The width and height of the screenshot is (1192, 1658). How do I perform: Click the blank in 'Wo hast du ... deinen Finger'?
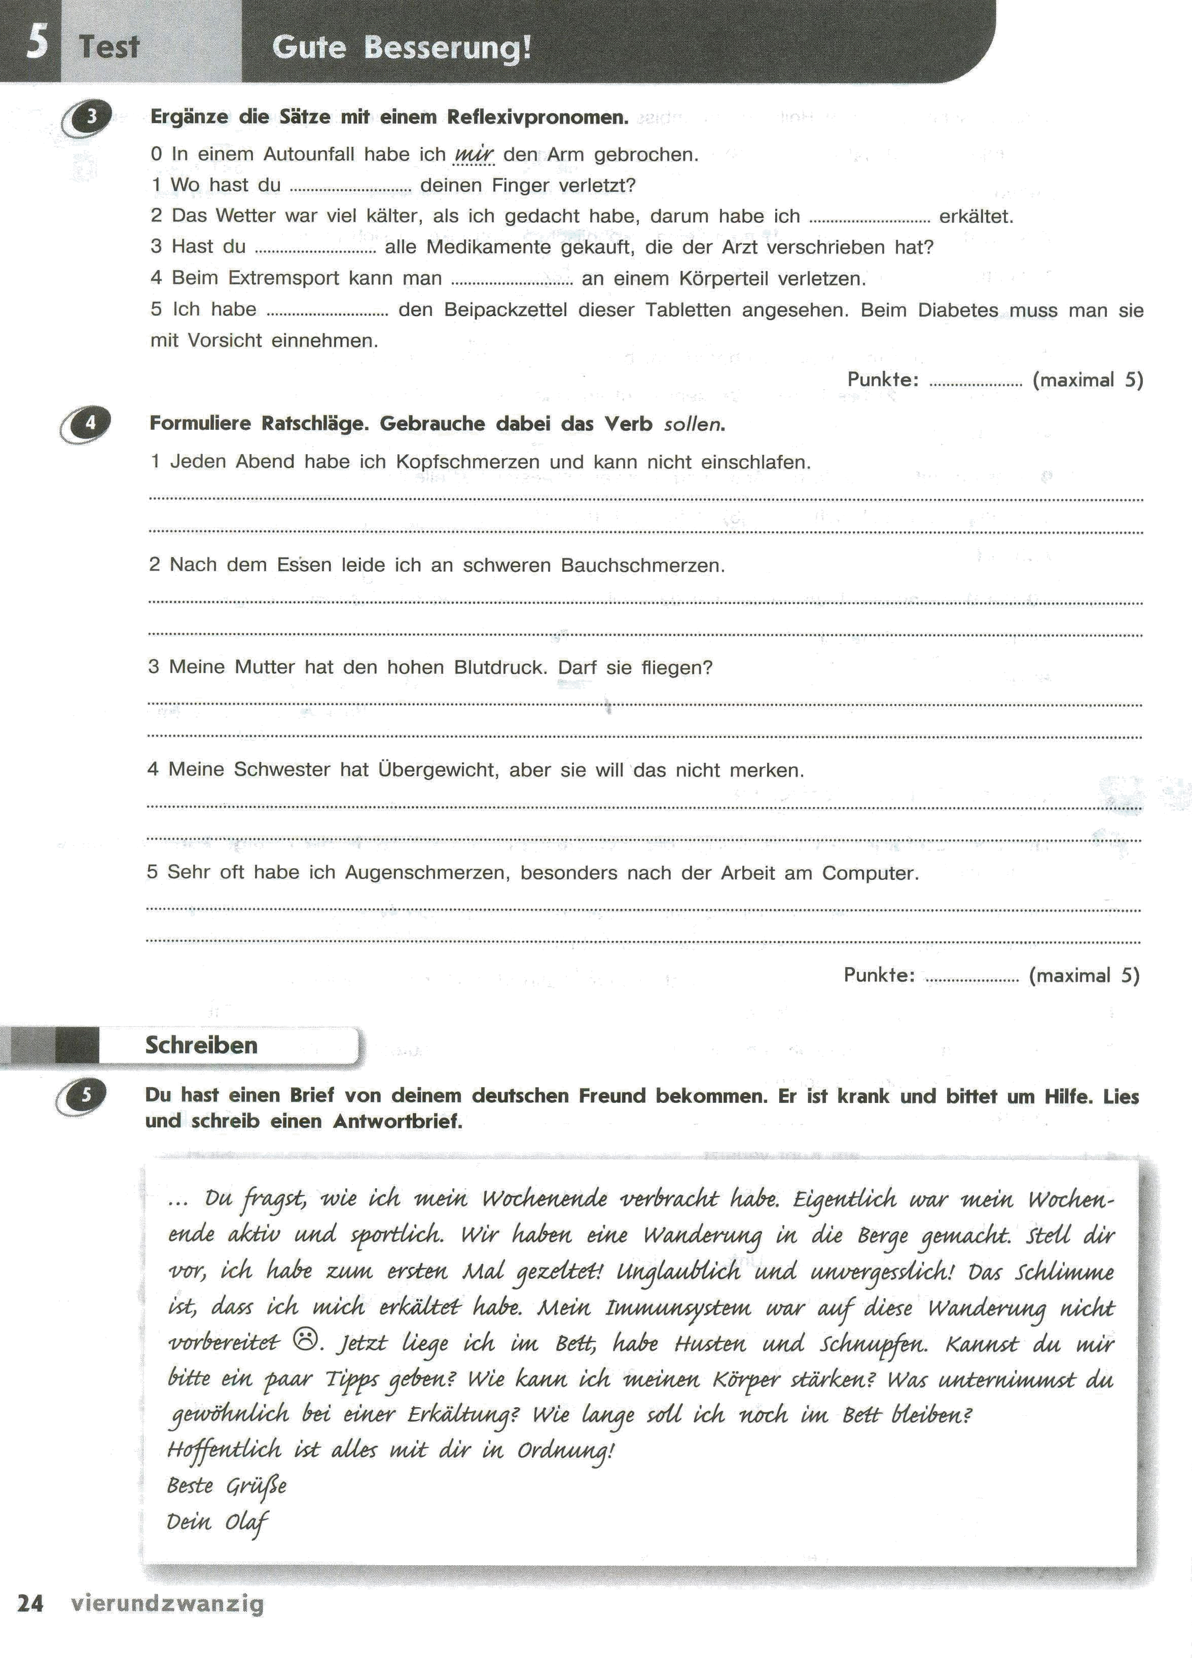(x=350, y=190)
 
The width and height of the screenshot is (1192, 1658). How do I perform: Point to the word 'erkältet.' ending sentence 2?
(x=976, y=216)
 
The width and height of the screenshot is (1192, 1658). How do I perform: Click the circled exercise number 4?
(x=90, y=423)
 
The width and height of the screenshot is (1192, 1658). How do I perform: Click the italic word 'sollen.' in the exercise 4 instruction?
(x=694, y=424)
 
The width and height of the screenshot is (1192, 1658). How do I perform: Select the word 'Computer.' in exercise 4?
(x=870, y=873)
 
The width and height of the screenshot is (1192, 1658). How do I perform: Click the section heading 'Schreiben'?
(x=201, y=1045)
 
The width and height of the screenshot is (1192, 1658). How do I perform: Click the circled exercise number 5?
(x=86, y=1095)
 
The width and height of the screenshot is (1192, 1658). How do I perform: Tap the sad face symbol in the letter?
(x=306, y=1339)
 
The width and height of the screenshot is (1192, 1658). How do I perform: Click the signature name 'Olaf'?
(x=247, y=1522)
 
